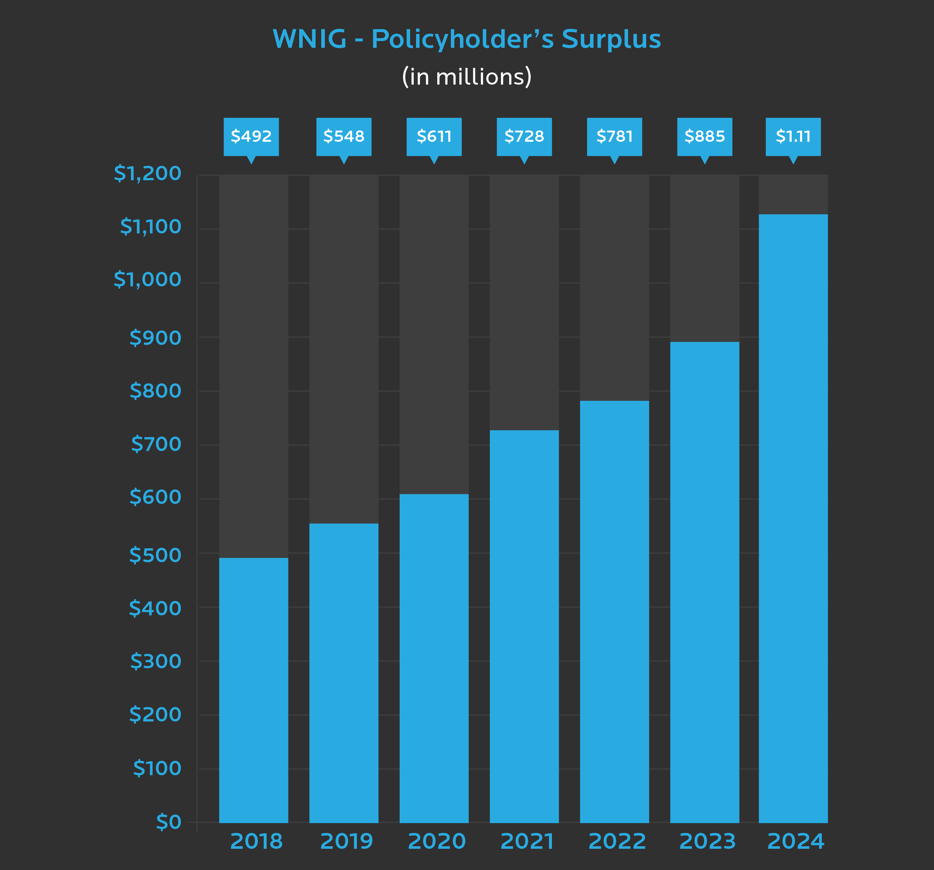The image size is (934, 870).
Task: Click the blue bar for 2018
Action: click(x=253, y=691)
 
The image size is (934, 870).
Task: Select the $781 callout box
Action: click(x=614, y=137)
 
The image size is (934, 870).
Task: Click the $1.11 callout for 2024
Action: click(x=793, y=137)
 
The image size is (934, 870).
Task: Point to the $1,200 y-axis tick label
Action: click(x=147, y=174)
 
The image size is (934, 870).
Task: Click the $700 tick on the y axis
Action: click(x=156, y=444)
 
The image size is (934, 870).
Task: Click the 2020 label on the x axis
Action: click(x=436, y=841)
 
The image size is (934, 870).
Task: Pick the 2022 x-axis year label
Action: click(x=617, y=841)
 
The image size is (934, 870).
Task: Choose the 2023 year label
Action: click(x=707, y=841)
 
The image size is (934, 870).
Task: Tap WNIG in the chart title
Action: click(x=310, y=39)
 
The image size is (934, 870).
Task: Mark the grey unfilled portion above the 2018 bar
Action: click(x=253, y=366)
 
